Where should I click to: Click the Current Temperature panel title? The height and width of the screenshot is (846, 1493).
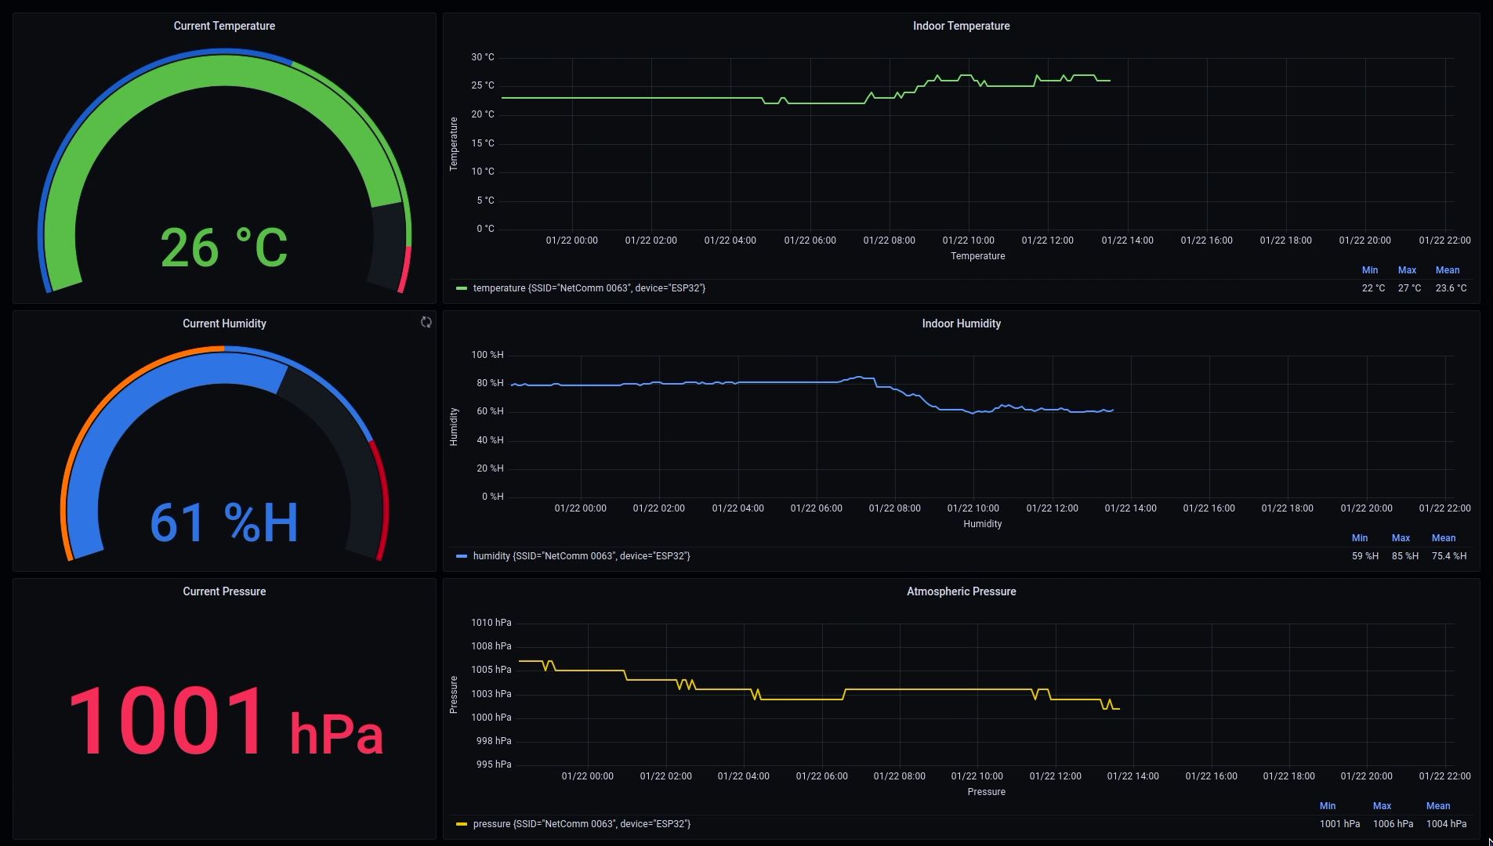pos(224,26)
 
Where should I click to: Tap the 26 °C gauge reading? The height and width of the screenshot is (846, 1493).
pos(224,248)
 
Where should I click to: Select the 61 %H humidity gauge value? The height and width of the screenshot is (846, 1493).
pos(224,522)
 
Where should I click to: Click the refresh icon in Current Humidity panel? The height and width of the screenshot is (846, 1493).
pos(426,322)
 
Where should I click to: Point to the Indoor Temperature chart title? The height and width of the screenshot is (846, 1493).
pos(961,26)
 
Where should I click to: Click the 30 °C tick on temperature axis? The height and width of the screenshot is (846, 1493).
pos(483,57)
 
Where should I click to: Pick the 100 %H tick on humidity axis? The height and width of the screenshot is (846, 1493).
pos(487,355)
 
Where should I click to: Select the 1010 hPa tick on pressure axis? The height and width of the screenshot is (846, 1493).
pos(491,623)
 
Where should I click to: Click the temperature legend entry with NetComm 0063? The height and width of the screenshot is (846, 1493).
pos(589,288)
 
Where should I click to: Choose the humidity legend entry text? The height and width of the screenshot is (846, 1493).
pos(581,556)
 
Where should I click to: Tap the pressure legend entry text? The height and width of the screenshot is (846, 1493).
pos(581,824)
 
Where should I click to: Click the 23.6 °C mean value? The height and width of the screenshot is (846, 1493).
pos(1451,288)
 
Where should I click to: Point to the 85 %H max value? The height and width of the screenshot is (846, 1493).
pos(1404,556)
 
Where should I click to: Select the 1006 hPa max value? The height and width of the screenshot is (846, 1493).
pos(1393,824)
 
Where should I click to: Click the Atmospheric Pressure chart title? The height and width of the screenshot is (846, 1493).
pos(961,591)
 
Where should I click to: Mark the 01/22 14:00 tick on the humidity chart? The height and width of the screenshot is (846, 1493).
pos(1130,508)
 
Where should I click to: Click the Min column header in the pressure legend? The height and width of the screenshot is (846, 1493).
pos(1327,806)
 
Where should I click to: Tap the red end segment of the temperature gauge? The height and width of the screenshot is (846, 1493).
pos(404,271)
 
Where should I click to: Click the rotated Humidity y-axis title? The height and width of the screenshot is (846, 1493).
pos(454,427)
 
